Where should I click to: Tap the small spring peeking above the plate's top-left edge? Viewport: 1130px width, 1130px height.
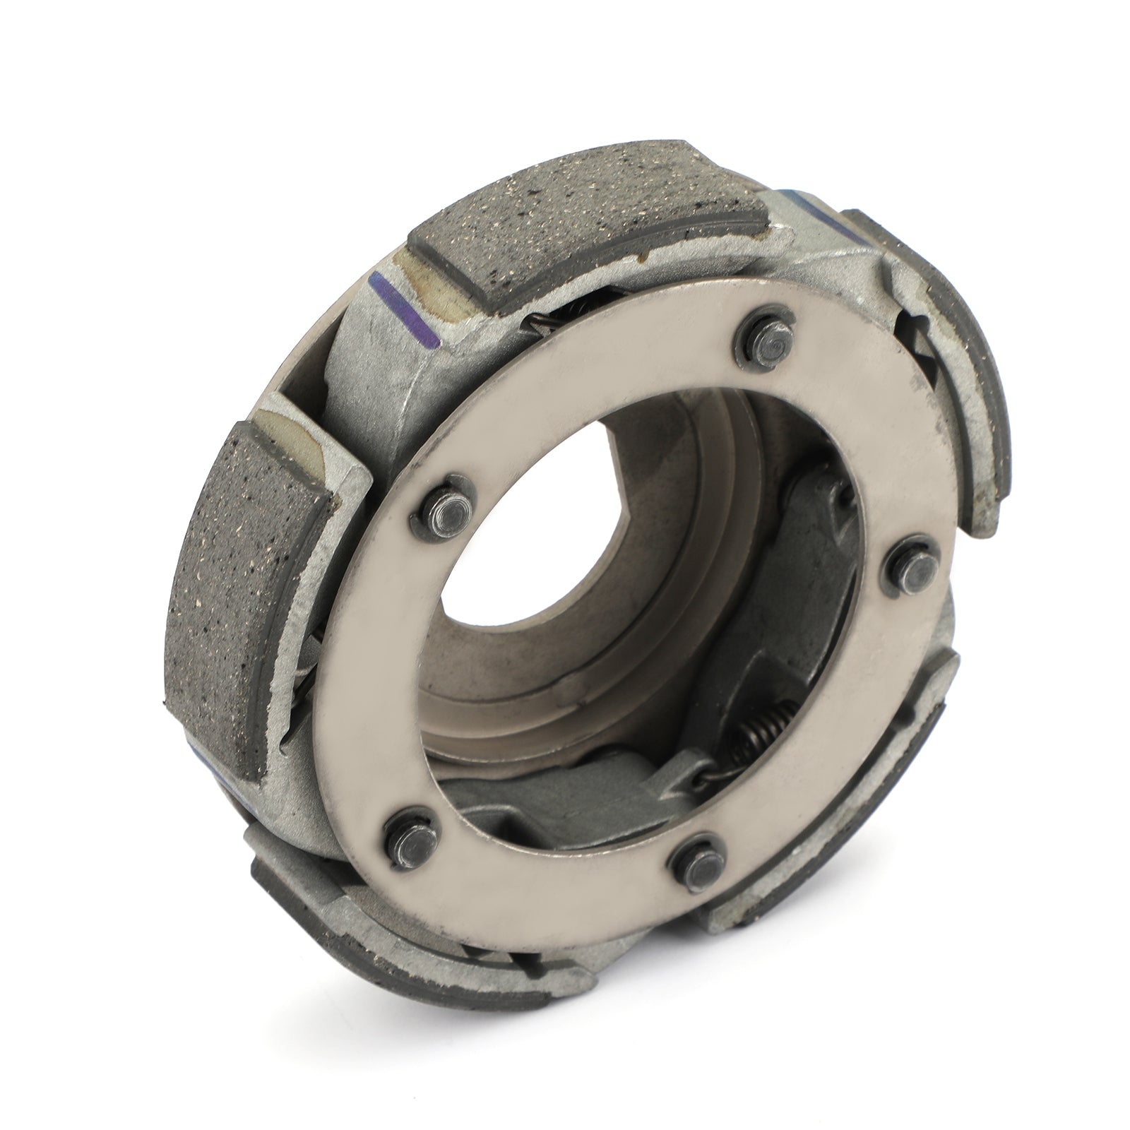(544, 323)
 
